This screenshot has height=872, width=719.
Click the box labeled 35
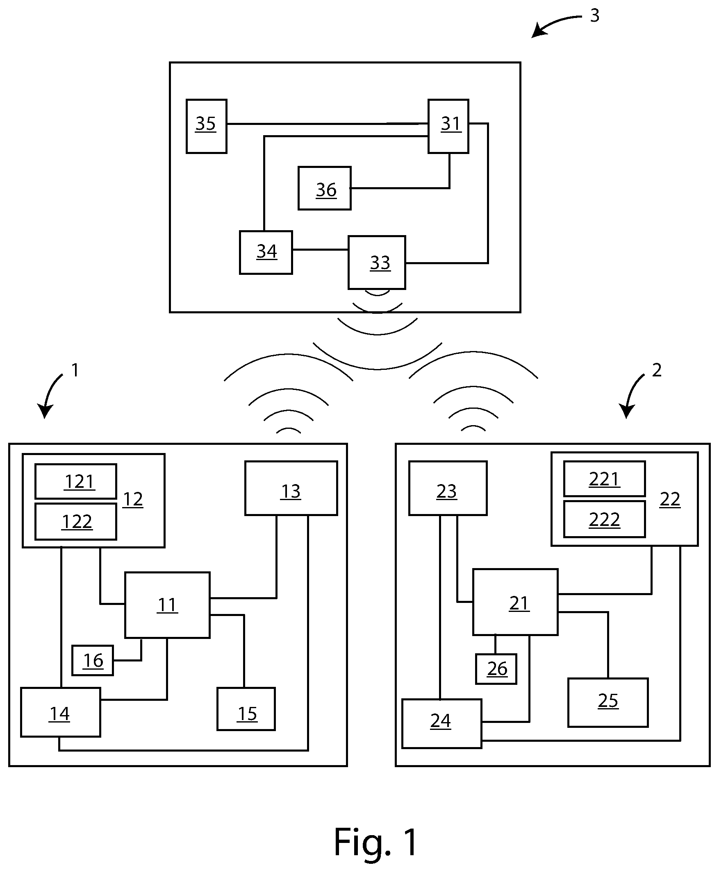pyautogui.click(x=206, y=126)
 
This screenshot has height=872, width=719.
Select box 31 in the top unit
pyautogui.click(x=448, y=126)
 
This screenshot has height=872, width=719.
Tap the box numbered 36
pyautogui.click(x=325, y=188)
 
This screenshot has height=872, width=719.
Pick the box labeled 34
pyautogui.click(x=266, y=252)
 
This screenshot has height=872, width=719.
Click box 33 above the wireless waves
pyautogui.click(x=377, y=263)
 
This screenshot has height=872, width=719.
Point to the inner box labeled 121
pyautogui.click(x=76, y=481)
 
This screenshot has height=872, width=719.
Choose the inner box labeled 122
pyautogui.click(x=76, y=521)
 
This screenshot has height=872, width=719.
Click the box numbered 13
pyautogui.click(x=291, y=488)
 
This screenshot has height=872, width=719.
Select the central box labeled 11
pyautogui.click(x=167, y=605)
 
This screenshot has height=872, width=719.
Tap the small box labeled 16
pyautogui.click(x=92, y=660)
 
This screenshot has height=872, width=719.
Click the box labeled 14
pyautogui.click(x=61, y=712)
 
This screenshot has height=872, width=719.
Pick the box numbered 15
pyautogui.click(x=246, y=709)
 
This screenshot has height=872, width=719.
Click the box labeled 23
pyautogui.click(x=448, y=488)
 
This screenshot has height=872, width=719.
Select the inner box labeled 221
pyautogui.click(x=604, y=478)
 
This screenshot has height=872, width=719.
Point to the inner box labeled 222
pyautogui.click(x=604, y=519)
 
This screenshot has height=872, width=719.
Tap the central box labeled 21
pyautogui.click(x=515, y=602)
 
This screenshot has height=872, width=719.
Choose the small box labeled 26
pyautogui.click(x=496, y=669)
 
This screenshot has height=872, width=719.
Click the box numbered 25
pyautogui.click(x=608, y=702)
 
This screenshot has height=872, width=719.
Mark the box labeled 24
pyautogui.click(x=441, y=723)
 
